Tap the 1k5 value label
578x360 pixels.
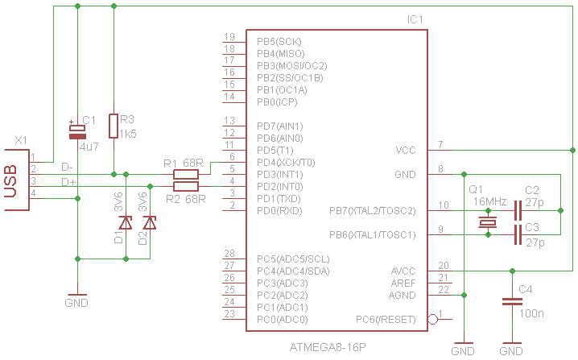pyautogui.click(x=128, y=133)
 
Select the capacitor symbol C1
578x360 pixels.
pyautogui.click(x=78, y=132)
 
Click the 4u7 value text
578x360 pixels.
pyautogui.click(x=89, y=147)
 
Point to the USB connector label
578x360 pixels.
pyautogui.click(x=11, y=180)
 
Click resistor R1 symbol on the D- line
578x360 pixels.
pyautogui.click(x=186, y=173)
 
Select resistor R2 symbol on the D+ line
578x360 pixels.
pyautogui.click(x=186, y=186)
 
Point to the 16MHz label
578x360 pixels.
pyautogui.click(x=490, y=201)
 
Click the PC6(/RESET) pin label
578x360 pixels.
pyautogui.click(x=386, y=320)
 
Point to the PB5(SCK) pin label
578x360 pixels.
pyautogui.click(x=281, y=41)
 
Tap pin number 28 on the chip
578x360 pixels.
pyautogui.click(x=229, y=254)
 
